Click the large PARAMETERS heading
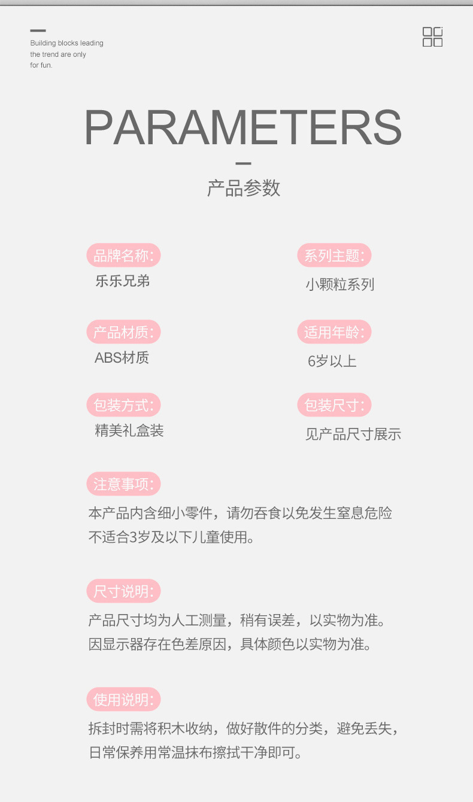point(242,127)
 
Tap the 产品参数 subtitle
point(243,188)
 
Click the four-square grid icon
point(432,37)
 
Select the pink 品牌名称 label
point(123,256)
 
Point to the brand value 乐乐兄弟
point(123,281)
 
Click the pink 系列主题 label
point(334,256)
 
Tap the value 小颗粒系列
point(339,284)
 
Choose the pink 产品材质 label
point(123,332)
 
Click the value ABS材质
point(122,358)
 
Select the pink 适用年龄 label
point(334,332)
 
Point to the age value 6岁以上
point(332,361)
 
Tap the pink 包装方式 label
point(123,405)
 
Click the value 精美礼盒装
point(129,430)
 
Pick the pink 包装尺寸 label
point(334,405)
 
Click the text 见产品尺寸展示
point(353,435)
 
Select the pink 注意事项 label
point(123,484)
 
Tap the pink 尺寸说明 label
point(123,591)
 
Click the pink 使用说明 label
point(123,699)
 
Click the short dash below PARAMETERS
point(243,163)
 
